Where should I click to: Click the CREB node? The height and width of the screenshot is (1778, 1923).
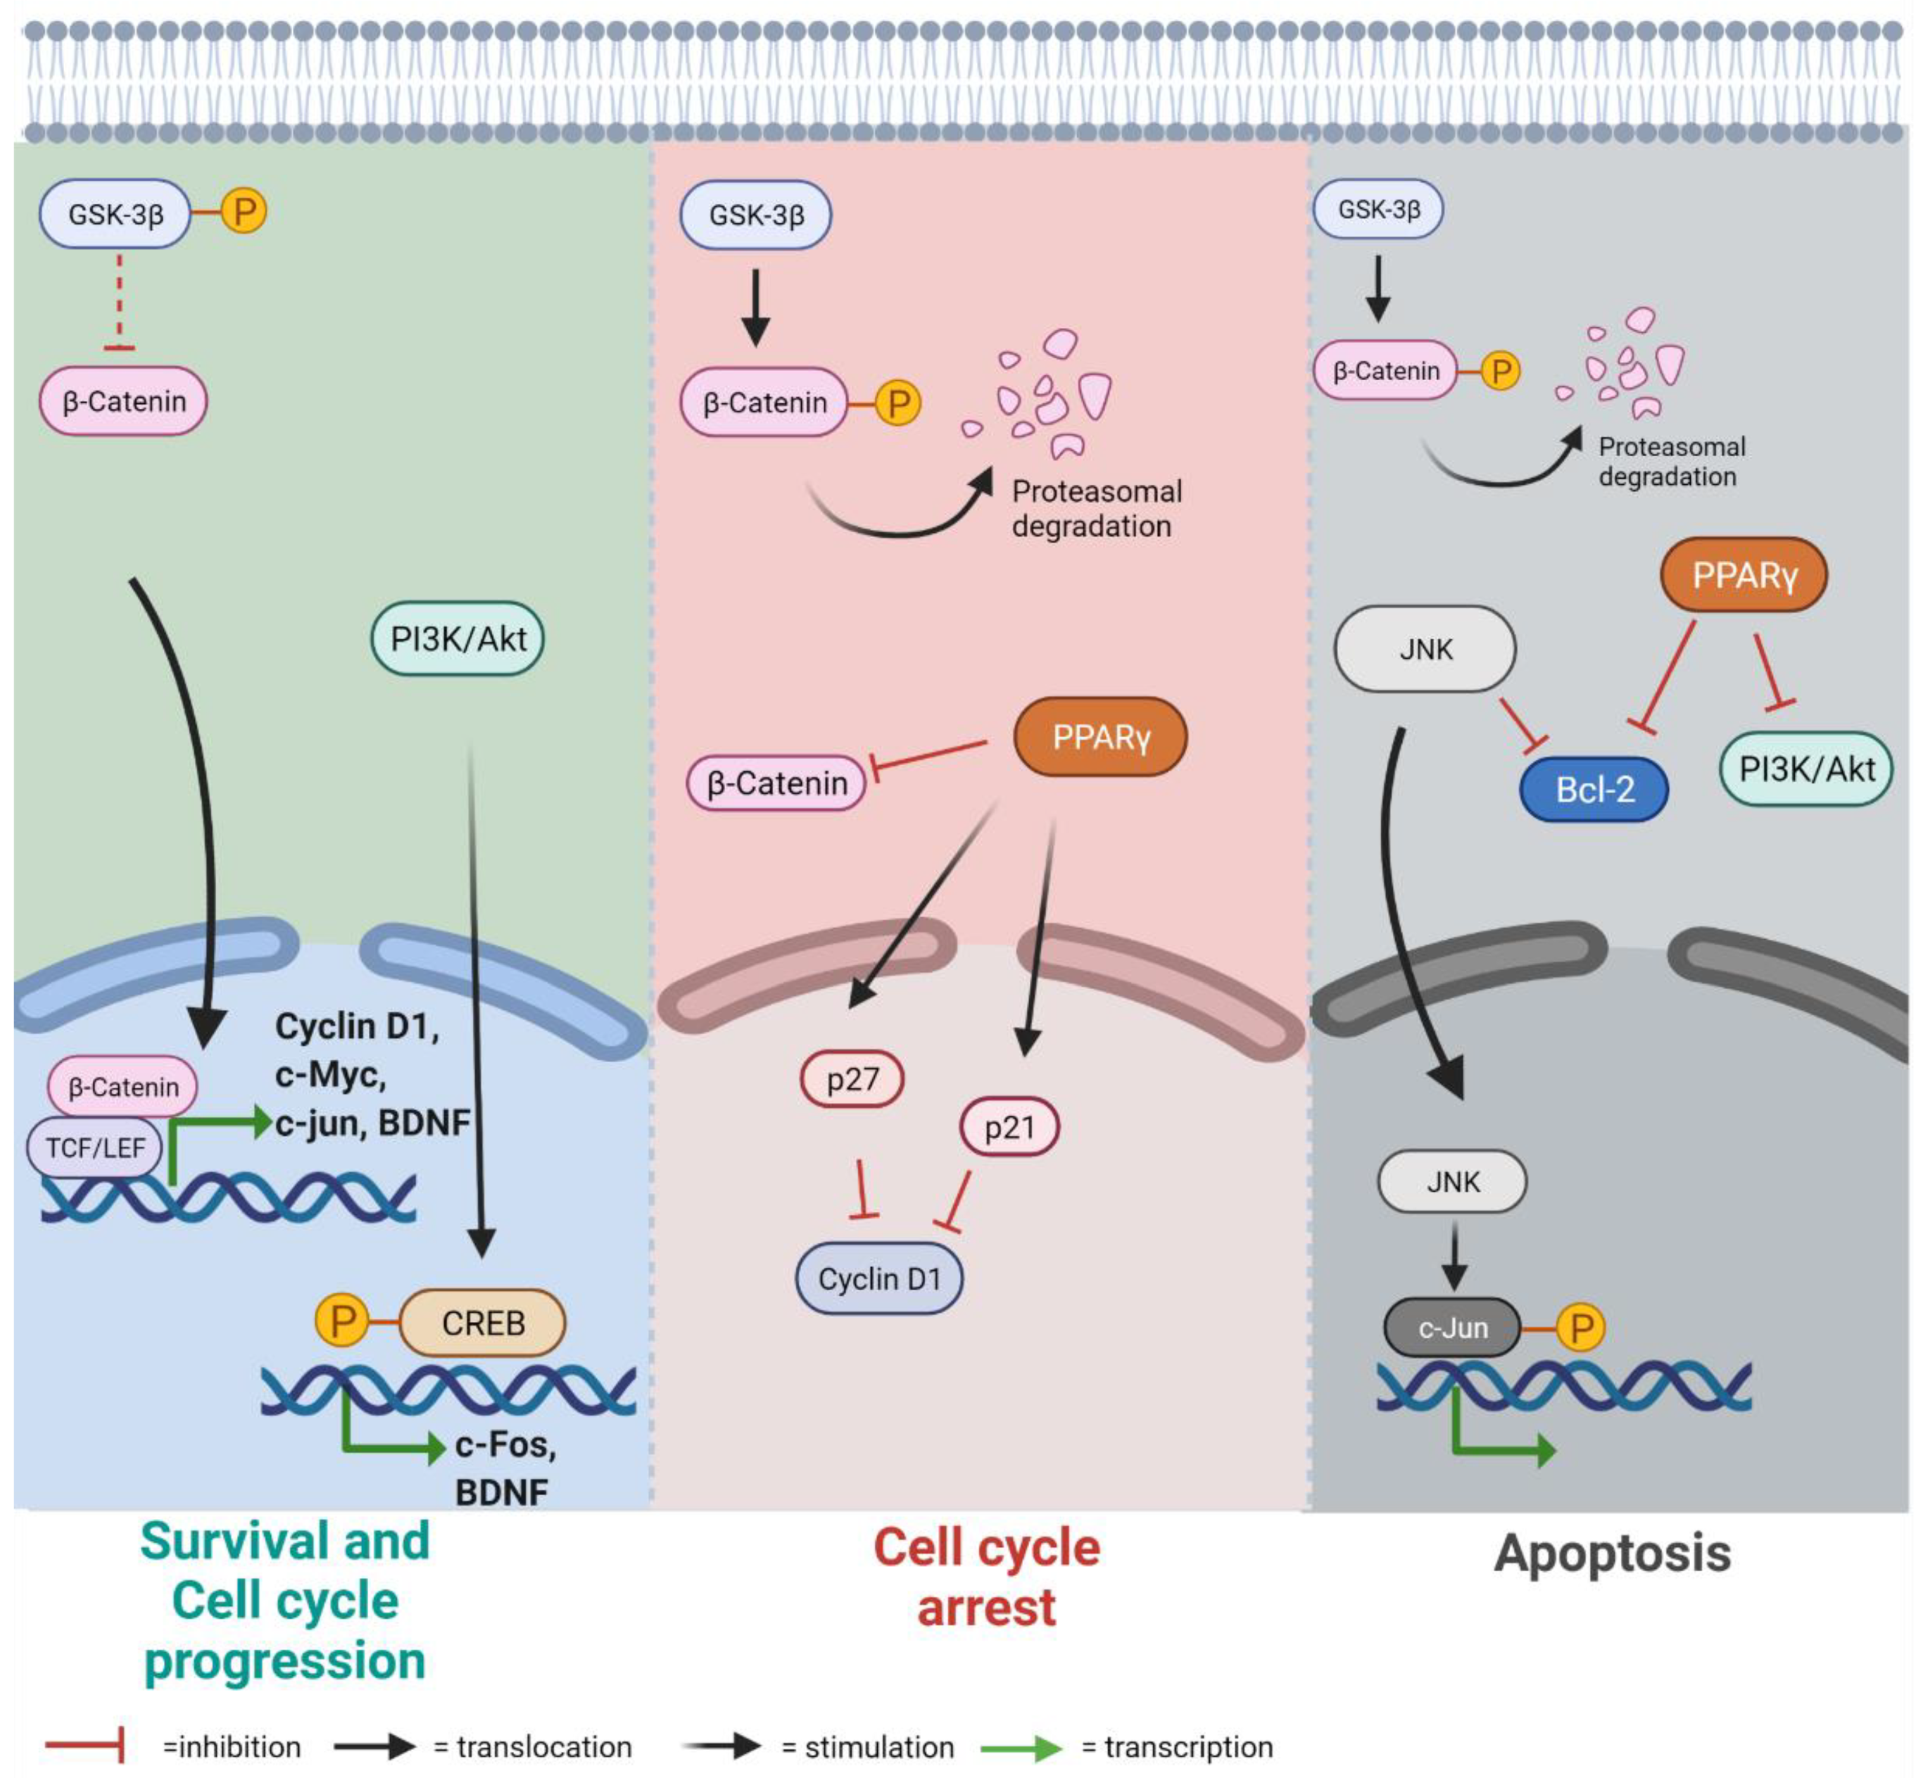pyautogui.click(x=482, y=1323)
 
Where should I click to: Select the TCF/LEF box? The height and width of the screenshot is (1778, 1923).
pyautogui.click(x=94, y=1147)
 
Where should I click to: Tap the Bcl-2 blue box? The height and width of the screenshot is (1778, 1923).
pyautogui.click(x=1594, y=789)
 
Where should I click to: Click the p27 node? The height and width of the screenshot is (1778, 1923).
pyautogui.click(x=852, y=1079)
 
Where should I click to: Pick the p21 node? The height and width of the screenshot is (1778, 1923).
pyautogui.click(x=1009, y=1127)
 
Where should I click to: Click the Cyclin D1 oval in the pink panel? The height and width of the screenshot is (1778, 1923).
pyautogui.click(x=878, y=1278)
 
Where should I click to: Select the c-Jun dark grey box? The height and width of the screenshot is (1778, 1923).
pyautogui.click(x=1451, y=1328)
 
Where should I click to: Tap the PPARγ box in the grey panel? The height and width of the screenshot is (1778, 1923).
pyautogui.click(x=1743, y=574)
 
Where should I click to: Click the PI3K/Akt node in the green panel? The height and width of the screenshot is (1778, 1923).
pyautogui.click(x=458, y=638)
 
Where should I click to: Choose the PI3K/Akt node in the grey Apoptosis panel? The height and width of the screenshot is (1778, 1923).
pyautogui.click(x=1805, y=769)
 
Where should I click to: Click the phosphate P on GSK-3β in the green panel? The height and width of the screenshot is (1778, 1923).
pyautogui.click(x=243, y=211)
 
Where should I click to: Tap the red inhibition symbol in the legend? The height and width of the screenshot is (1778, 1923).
pyautogui.click(x=85, y=1747)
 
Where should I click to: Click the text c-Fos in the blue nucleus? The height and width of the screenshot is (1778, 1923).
pyautogui.click(x=504, y=1444)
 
